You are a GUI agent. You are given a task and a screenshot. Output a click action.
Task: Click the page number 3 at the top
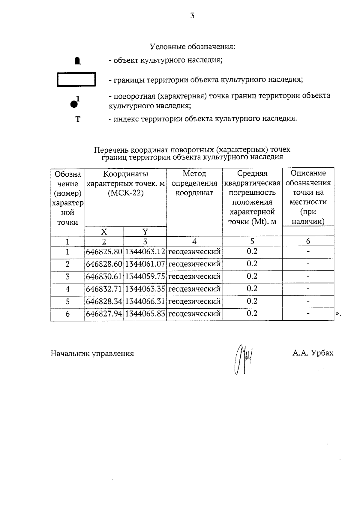click(192, 16)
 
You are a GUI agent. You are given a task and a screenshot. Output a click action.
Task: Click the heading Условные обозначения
click(192, 47)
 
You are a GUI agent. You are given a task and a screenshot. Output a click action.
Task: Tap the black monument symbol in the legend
click(78, 61)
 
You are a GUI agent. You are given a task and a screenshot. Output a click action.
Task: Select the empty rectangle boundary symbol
click(76, 79)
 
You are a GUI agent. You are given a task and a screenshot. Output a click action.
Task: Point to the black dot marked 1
click(74, 104)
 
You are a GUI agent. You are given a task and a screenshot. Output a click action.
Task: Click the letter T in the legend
click(78, 119)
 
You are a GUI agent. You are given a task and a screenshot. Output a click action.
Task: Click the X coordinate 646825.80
click(104, 252)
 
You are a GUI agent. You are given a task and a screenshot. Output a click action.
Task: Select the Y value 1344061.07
click(145, 264)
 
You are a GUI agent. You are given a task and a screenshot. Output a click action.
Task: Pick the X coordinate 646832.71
click(104, 289)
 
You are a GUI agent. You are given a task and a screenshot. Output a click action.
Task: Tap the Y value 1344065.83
click(145, 314)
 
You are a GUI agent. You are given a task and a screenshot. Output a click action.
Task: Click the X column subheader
click(104, 232)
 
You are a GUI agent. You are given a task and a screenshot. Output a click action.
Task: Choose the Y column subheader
click(145, 232)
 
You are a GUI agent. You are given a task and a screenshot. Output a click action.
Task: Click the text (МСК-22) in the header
click(125, 193)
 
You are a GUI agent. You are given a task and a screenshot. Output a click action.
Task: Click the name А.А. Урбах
click(313, 353)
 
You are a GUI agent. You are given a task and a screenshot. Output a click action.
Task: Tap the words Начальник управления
click(92, 354)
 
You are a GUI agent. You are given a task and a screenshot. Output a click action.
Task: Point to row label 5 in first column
click(67, 301)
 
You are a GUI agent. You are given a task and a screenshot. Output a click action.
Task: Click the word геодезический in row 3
click(194, 277)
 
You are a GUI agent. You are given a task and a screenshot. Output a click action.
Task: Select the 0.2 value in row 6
click(252, 314)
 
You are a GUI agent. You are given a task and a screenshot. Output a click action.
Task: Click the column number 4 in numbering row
click(194, 241)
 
